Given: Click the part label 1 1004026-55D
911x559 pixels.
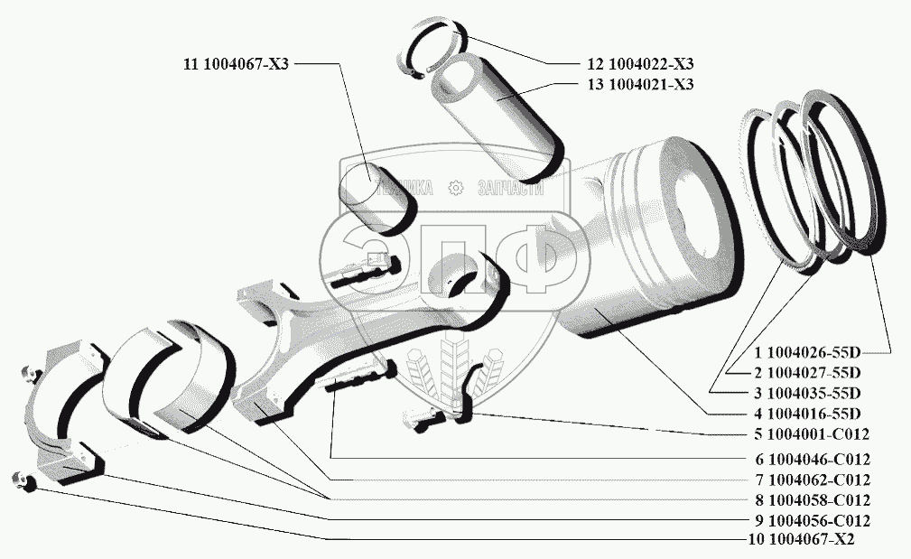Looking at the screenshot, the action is point(812,351).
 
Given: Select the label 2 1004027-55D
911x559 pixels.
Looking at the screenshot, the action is point(812,372).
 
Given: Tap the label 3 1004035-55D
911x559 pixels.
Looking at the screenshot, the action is point(812,393).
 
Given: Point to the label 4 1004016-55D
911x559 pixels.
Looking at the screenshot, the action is point(812,414).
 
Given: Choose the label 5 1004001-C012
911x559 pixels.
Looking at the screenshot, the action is point(813,434).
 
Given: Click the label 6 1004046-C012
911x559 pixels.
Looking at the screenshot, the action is point(813,459).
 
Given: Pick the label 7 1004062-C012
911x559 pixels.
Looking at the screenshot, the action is point(813,480).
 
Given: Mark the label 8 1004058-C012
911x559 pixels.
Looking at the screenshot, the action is point(813,500).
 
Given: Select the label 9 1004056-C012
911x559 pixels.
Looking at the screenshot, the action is point(813,521).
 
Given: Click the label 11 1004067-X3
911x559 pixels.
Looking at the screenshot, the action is point(235,64).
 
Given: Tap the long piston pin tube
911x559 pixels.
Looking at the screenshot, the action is point(497,113).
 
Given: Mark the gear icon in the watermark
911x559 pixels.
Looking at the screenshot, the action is point(455,188).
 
